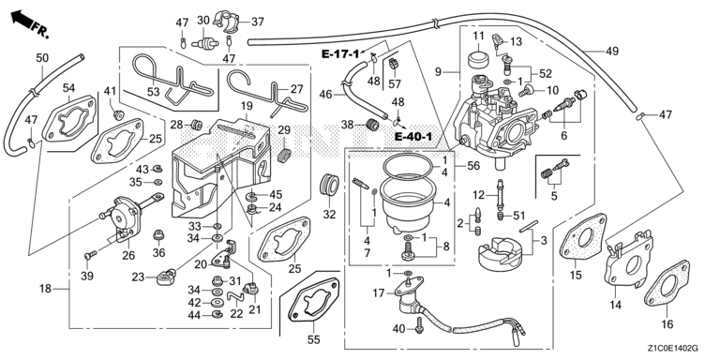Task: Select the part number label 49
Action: tap(611, 52)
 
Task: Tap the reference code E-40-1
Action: tap(413, 136)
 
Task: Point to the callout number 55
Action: tap(314, 339)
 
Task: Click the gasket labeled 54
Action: tap(68, 118)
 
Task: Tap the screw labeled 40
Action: tap(419, 324)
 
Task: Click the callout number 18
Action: tap(45, 289)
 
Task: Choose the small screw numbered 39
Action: tap(90, 253)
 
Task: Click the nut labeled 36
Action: tap(158, 235)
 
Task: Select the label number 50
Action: tap(42, 58)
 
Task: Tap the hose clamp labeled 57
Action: tap(394, 64)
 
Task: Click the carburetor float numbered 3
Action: tap(500, 252)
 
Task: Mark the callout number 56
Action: tap(472, 166)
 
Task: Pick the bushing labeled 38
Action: tap(372, 124)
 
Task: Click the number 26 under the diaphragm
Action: tap(128, 255)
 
